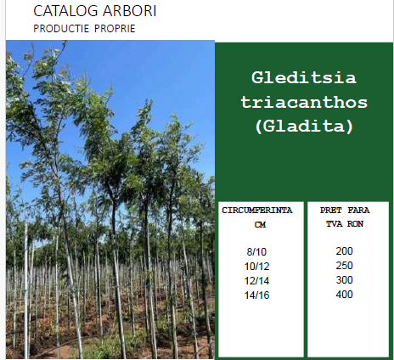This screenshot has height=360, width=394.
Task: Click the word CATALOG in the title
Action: pyautogui.click(x=65, y=11)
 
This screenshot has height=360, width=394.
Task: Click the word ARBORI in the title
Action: pyautogui.click(x=130, y=11)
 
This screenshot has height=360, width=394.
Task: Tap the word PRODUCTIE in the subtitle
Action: pyautogui.click(x=61, y=29)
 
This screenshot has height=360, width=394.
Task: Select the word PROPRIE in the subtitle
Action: pyautogui.click(x=115, y=29)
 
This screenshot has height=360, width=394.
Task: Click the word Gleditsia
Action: pyautogui.click(x=304, y=77)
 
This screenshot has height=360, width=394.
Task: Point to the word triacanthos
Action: pyautogui.click(x=304, y=102)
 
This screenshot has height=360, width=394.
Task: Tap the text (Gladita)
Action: pyautogui.click(x=304, y=126)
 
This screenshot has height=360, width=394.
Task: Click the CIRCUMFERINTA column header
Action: pyautogui.click(x=257, y=211)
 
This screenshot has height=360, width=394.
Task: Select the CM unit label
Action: pyautogui.click(x=260, y=225)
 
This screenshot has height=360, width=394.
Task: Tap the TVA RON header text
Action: pyautogui.click(x=345, y=224)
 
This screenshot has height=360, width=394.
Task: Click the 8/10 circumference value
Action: pyautogui.click(x=256, y=252)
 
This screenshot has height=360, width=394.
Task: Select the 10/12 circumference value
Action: pyautogui.click(x=256, y=267)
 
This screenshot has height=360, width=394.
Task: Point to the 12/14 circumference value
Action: pyautogui.click(x=256, y=281)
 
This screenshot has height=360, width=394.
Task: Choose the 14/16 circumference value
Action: pyautogui.click(x=256, y=295)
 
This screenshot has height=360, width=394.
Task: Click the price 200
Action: pyautogui.click(x=344, y=251)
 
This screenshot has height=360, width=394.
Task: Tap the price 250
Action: pyautogui.click(x=344, y=266)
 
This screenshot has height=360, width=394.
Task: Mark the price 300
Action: pyautogui.click(x=344, y=280)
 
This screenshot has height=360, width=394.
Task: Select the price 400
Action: pyautogui.click(x=344, y=295)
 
